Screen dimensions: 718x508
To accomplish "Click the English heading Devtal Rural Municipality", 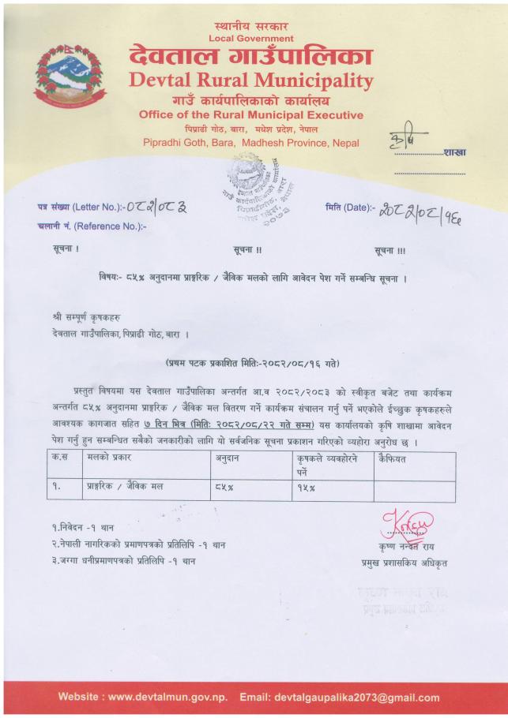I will coord(251,80).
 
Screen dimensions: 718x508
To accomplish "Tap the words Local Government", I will coord(251,38).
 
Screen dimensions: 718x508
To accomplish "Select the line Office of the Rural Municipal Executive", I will coord(251,114).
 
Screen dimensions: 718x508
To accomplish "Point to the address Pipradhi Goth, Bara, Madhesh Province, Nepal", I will coord(251,143).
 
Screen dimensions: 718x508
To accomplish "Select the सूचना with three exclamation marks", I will coord(391,250).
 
